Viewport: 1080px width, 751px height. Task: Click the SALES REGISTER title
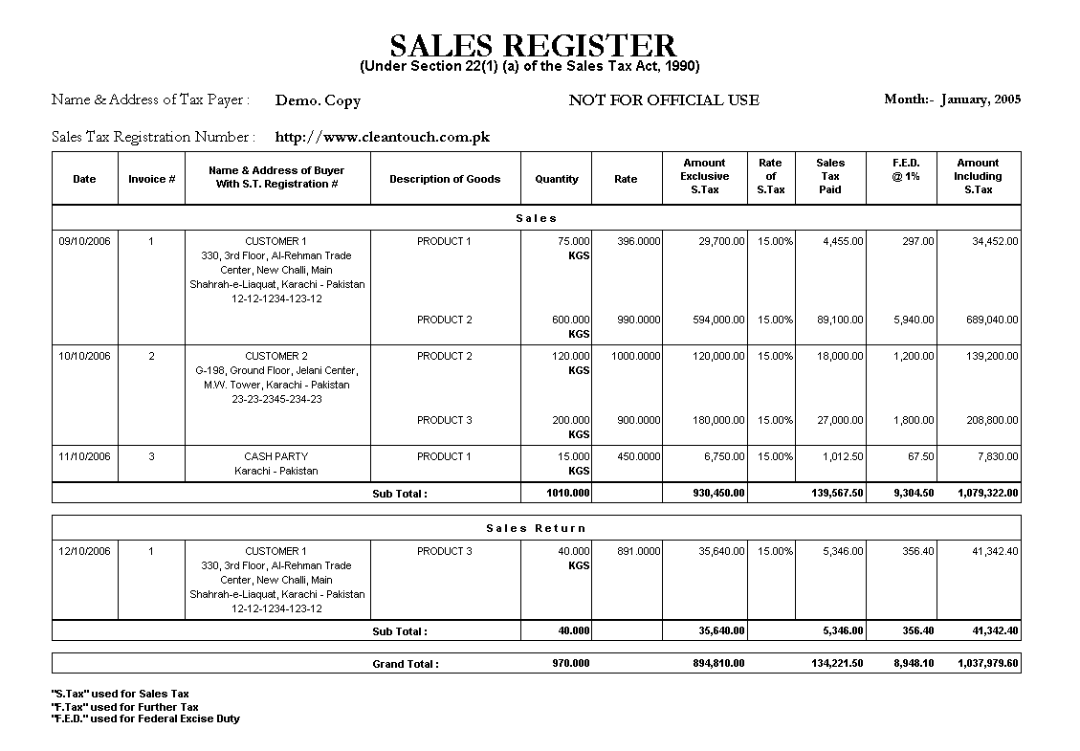click(x=533, y=45)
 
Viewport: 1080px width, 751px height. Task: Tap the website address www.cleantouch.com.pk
click(x=382, y=137)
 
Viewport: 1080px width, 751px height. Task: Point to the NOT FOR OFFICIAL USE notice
click(x=663, y=99)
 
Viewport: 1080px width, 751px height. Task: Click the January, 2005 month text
click(x=981, y=99)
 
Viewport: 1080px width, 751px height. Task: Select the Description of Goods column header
click(x=445, y=179)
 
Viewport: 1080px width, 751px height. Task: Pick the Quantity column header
click(x=557, y=179)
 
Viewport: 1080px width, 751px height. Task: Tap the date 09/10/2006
click(x=84, y=241)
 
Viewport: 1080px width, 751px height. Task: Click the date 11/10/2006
click(x=84, y=456)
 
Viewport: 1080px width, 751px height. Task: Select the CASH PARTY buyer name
click(x=276, y=456)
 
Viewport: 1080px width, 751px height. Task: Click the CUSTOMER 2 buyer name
click(x=276, y=356)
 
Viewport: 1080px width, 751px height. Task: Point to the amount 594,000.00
click(x=718, y=320)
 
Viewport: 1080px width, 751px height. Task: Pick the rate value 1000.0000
click(x=635, y=356)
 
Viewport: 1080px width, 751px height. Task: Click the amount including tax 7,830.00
click(x=997, y=456)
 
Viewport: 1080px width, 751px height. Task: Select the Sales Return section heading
click(x=536, y=528)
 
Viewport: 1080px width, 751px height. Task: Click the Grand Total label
click(x=406, y=663)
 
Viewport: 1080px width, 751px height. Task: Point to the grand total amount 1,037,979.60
click(x=987, y=663)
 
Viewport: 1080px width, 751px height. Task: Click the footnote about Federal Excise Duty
click(x=145, y=718)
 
